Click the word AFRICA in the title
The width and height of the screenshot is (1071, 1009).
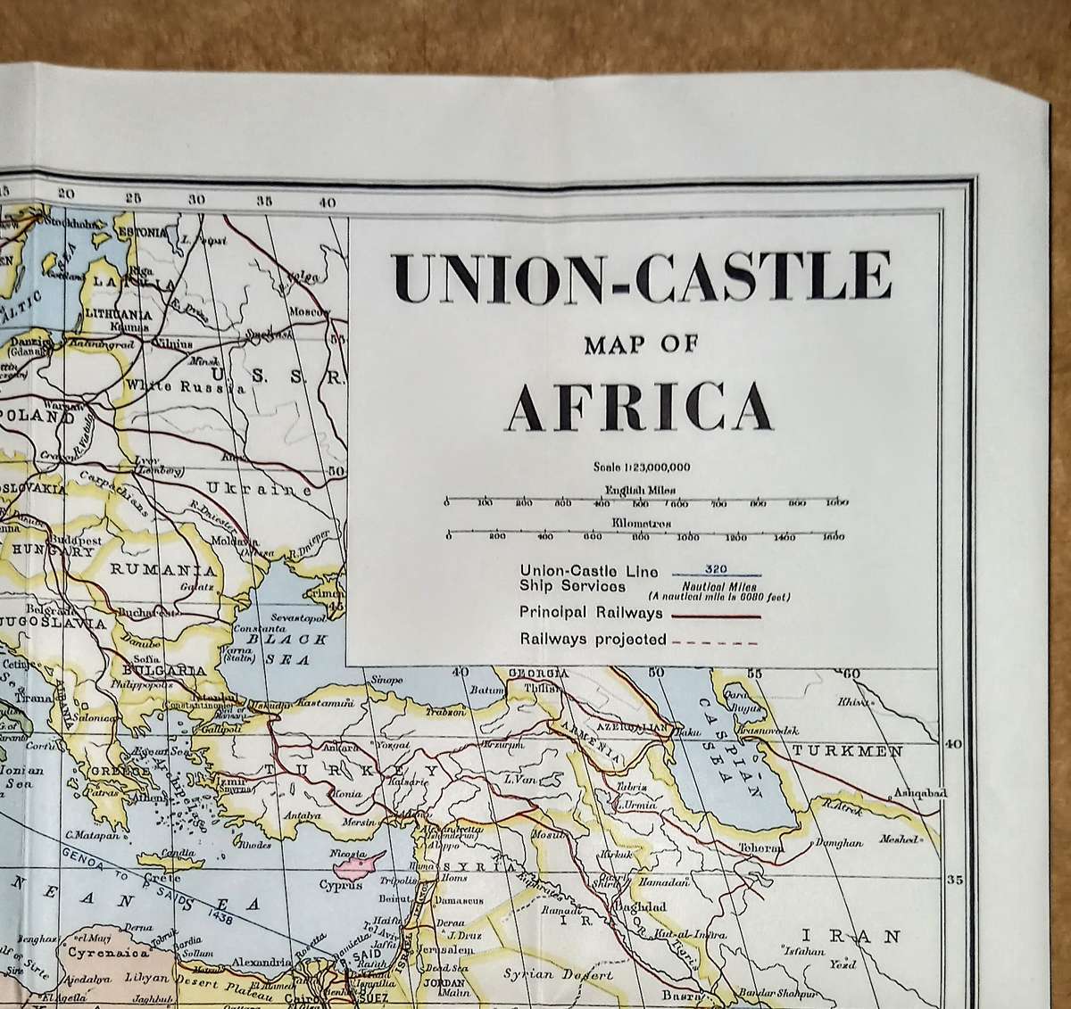640,406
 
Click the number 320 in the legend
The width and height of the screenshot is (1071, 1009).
716,567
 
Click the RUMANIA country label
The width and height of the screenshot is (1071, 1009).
162,570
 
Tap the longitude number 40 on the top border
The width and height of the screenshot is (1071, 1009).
327,203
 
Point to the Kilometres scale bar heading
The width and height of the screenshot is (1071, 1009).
641,524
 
